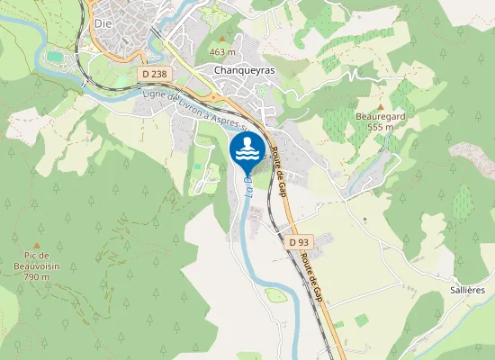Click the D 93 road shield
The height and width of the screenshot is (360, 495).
[299, 242]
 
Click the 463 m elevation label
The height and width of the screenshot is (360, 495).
[222, 52]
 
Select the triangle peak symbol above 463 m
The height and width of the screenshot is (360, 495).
[222, 40]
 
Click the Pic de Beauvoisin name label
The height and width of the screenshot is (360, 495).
[37, 261]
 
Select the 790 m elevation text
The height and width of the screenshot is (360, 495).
[37, 276]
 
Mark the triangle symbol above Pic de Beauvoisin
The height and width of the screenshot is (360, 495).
[37, 244]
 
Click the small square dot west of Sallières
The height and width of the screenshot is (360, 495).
[364, 219]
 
